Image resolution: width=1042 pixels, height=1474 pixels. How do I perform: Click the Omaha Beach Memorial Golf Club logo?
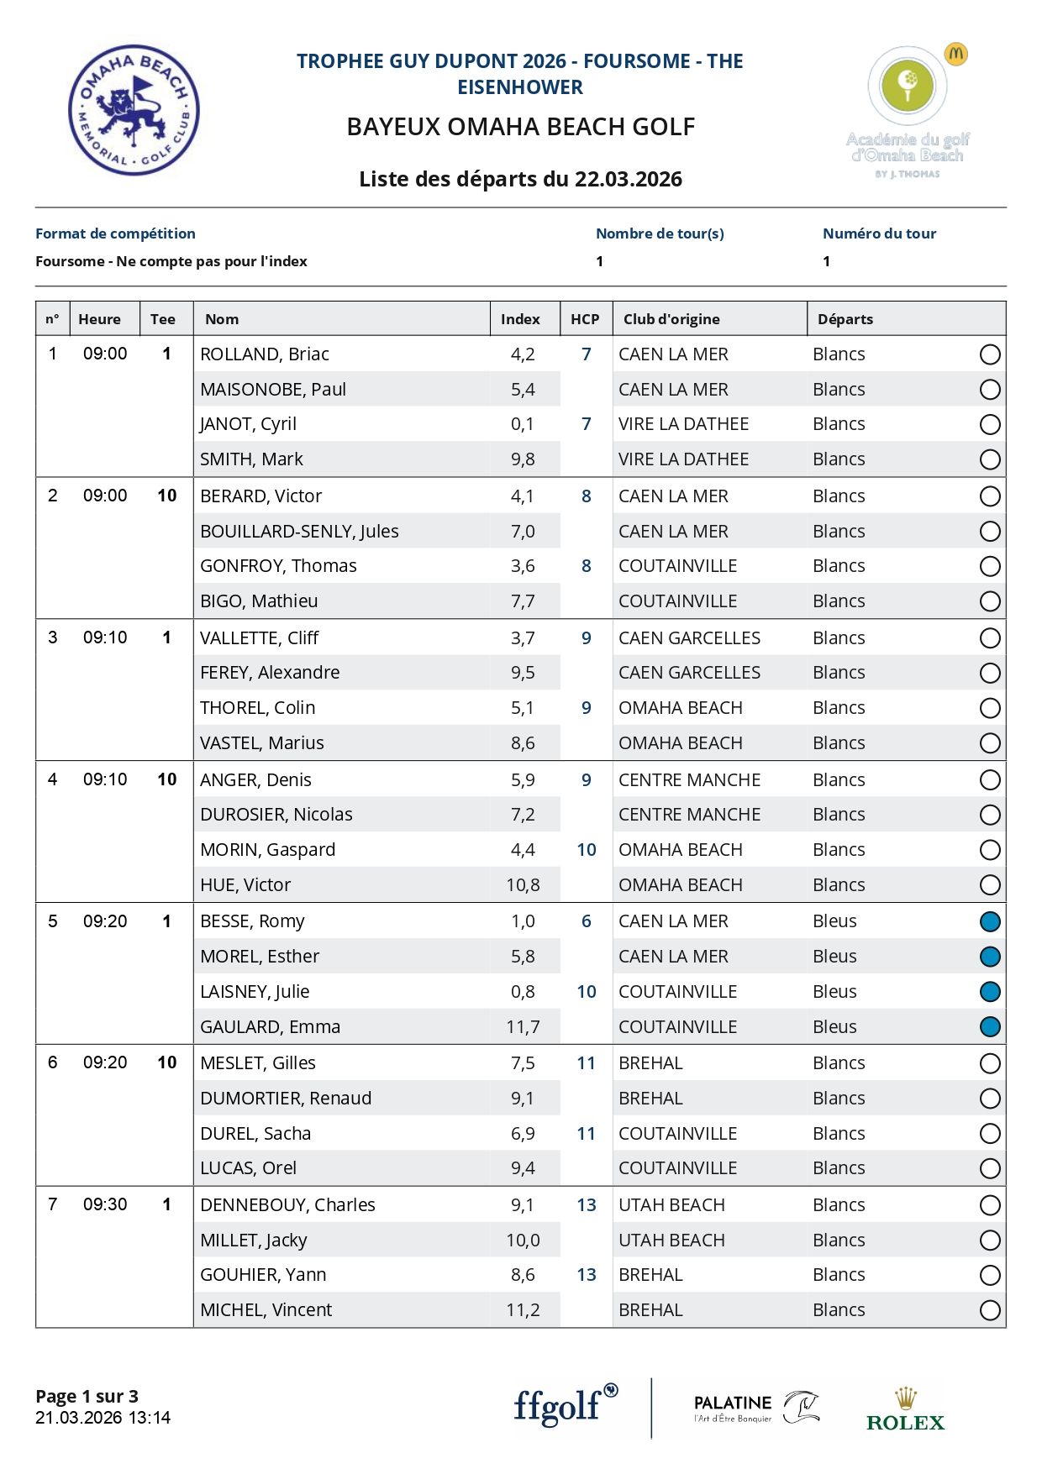[x=134, y=110]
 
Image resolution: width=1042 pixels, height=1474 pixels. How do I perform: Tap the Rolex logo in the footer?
[x=905, y=1410]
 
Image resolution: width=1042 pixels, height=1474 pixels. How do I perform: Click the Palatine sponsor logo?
[x=755, y=1408]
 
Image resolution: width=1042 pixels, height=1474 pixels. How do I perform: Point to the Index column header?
[x=520, y=319]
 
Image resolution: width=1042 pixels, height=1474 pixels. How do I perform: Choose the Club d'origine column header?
[x=671, y=319]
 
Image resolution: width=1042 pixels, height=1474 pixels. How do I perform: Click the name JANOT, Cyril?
[x=248, y=424]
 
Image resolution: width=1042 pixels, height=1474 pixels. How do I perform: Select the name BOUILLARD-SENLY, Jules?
[x=299, y=532]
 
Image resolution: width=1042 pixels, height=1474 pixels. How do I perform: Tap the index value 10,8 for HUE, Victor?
[x=523, y=885]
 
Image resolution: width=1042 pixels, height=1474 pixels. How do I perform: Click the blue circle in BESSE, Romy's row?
[x=990, y=921]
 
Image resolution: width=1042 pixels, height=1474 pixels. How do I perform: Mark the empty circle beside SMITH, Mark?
[x=990, y=459]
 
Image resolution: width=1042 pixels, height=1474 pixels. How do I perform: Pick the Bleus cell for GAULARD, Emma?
[x=834, y=1027]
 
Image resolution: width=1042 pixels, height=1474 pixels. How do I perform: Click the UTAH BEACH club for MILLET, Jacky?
[x=671, y=1241]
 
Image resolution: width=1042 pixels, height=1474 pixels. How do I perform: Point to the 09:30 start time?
[x=105, y=1204]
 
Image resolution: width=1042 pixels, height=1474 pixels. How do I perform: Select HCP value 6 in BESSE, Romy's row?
[x=586, y=921]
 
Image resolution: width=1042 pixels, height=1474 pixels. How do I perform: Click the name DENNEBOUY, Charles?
[x=287, y=1205]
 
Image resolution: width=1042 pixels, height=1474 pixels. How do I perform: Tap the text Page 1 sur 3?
[x=87, y=1396]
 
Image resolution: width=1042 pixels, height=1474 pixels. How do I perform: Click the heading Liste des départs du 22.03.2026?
[x=520, y=179]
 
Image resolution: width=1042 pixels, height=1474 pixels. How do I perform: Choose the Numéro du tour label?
[x=879, y=233]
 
